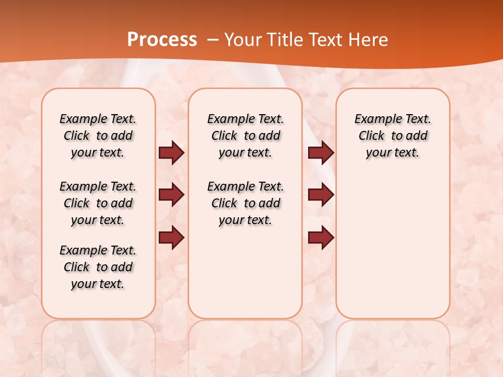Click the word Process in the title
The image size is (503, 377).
tap(162, 40)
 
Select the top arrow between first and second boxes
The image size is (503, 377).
tap(171, 152)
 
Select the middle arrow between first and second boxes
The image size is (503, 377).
tap(171, 195)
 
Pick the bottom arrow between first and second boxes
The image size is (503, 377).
tap(171, 238)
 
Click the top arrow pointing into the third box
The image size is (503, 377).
tap(321, 152)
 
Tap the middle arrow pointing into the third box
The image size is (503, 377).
tap(321, 195)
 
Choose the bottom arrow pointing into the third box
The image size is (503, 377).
tap(321, 238)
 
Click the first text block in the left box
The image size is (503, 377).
tap(98, 136)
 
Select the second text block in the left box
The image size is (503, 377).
tap(98, 203)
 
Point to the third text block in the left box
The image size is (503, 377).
tap(98, 267)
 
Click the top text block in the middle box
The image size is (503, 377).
tap(245, 136)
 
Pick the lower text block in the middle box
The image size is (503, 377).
tap(245, 203)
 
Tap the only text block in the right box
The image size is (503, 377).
tap(392, 136)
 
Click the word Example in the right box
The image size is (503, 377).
tap(374, 119)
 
